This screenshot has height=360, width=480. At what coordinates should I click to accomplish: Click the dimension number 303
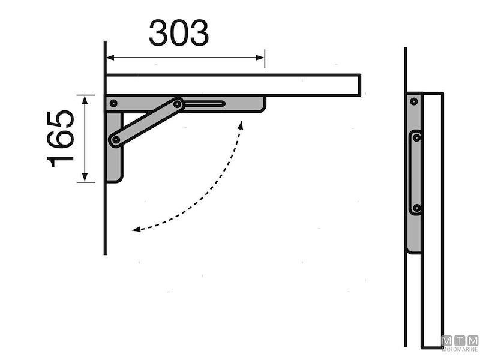point(179,34)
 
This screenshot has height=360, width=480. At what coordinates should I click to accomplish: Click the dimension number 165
point(62,138)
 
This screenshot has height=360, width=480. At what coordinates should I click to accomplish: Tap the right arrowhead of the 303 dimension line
point(262,58)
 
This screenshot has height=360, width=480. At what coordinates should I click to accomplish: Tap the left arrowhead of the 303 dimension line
point(109,58)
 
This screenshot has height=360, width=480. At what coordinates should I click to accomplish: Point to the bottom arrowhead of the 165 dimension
point(85,179)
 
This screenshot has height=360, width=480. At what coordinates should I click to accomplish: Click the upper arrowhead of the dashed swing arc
point(242,124)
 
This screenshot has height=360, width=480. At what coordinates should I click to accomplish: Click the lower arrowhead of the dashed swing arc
point(136,229)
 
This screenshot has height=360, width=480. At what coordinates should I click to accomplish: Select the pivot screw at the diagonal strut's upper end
point(178,104)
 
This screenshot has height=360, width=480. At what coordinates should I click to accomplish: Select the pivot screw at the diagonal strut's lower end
point(114,140)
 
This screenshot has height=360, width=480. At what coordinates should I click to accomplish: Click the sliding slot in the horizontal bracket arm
point(204,104)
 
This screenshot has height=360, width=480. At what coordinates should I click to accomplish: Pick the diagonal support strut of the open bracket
point(146,122)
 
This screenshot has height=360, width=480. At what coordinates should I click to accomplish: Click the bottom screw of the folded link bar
point(416,208)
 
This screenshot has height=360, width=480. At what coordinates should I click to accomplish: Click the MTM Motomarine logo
point(460,343)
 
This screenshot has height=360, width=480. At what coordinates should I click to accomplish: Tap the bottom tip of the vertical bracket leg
point(114,179)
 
